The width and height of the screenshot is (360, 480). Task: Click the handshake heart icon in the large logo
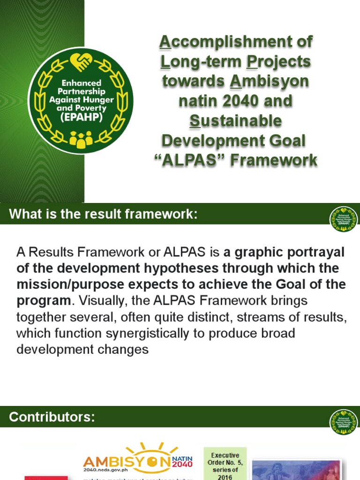pyautogui.click(x=81, y=61)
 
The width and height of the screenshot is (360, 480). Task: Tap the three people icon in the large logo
pyautogui.click(x=81, y=139)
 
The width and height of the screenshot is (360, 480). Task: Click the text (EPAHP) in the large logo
pyautogui.click(x=81, y=116)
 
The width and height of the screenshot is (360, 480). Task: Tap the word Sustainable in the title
pyautogui.click(x=236, y=121)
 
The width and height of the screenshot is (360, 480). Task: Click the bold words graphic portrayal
pyautogui.click(x=284, y=253)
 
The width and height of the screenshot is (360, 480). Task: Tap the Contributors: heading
pyautogui.click(x=52, y=417)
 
